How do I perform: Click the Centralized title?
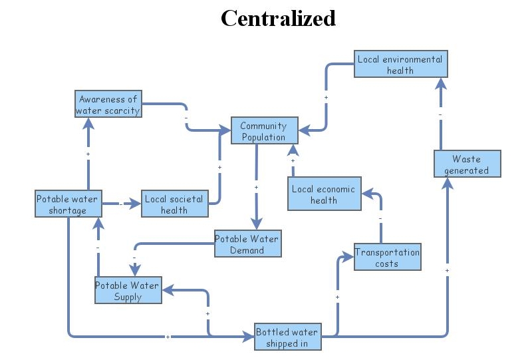278,18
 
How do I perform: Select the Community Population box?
263,131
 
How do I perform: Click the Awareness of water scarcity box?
108,105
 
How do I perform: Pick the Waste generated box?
466,164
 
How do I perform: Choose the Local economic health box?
323,194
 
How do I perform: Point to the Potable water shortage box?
68,204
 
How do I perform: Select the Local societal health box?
174,204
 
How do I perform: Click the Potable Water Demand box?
247,244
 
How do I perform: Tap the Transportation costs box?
386,258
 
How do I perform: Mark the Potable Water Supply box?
128,291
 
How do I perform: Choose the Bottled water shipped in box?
287,337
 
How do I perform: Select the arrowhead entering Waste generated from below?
447,184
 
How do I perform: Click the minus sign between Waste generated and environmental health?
440,114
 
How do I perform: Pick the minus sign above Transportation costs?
380,218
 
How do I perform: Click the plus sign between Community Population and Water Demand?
256,188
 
